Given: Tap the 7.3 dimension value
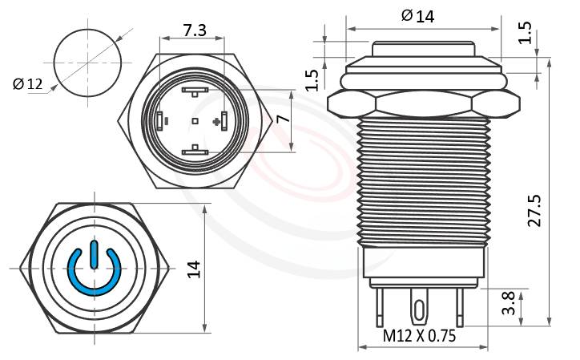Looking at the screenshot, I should [x=194, y=30].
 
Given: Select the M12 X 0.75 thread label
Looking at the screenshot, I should [x=419, y=337].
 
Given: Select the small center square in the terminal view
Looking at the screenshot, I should [x=195, y=121].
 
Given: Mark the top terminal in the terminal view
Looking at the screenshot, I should [x=195, y=92].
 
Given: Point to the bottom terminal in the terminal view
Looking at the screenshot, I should [x=195, y=150].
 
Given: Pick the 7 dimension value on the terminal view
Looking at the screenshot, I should [x=280, y=120].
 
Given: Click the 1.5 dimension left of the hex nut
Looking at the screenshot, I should [x=313, y=78].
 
